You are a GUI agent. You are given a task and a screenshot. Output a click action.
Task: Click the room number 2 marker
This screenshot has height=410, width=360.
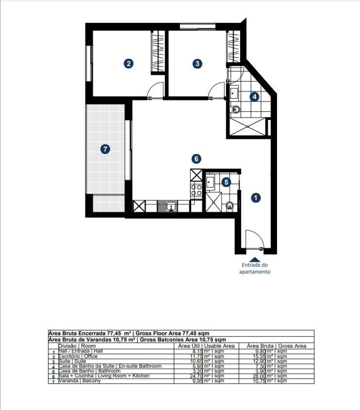(129, 64)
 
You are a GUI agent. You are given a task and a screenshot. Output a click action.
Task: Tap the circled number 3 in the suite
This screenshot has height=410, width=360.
(197, 64)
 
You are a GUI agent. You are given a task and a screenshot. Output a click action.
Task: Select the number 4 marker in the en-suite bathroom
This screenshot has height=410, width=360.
(254, 97)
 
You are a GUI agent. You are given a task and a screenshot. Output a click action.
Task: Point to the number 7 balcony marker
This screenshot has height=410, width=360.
(105, 149)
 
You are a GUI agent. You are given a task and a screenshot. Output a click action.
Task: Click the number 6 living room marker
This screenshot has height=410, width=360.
(196, 159)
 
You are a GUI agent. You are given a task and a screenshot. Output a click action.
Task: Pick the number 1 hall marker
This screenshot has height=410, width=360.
(256, 198)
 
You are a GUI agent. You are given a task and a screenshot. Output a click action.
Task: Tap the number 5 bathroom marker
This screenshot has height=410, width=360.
(226, 182)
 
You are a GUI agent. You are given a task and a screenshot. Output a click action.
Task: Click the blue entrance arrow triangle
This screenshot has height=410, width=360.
(255, 259)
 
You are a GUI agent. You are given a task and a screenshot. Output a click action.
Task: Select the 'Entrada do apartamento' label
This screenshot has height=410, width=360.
(255, 268)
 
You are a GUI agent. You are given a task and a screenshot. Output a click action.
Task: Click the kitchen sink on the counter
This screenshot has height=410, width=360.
(167, 206)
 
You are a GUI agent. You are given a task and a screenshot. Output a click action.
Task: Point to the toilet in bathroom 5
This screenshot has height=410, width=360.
(230, 207)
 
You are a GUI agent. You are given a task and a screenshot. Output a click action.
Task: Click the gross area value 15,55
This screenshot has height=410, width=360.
(259, 356)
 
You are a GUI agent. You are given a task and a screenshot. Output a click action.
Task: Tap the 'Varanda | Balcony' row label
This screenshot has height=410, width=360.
(80, 381)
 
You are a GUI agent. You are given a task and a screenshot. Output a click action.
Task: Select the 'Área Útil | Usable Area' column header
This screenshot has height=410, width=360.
(206, 346)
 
